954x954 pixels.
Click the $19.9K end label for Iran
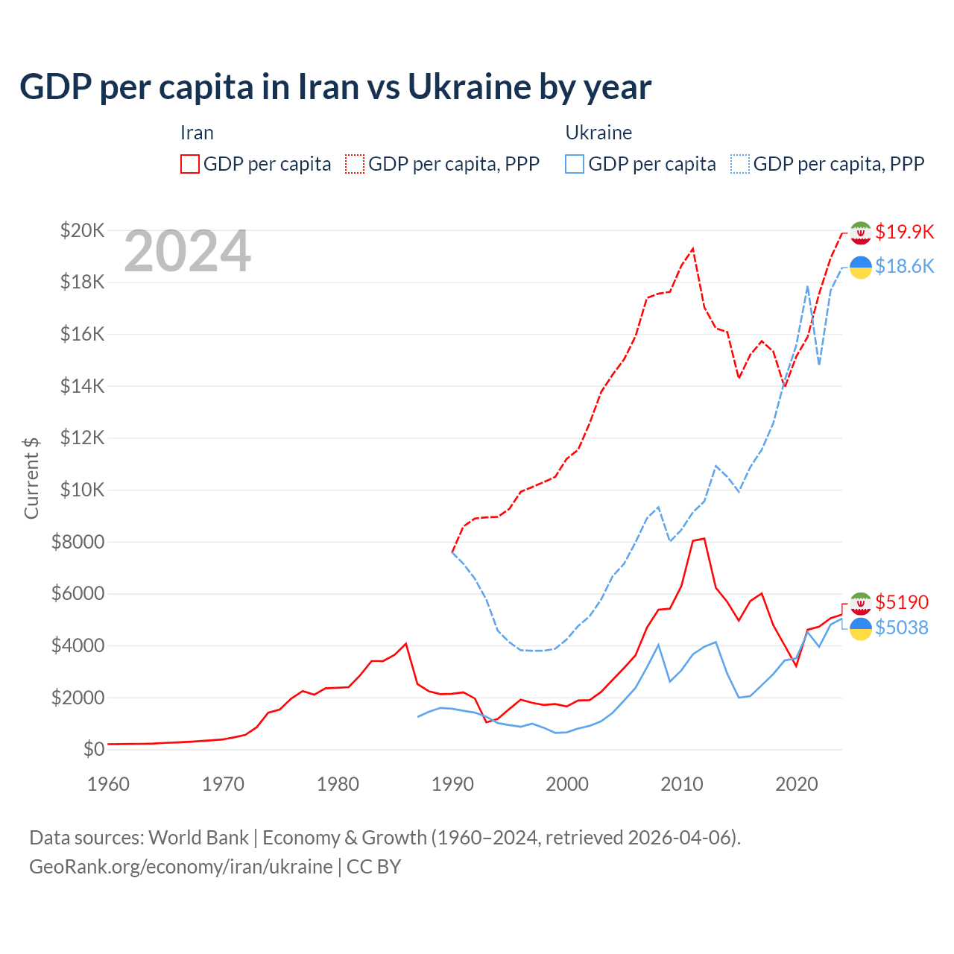coord(904,232)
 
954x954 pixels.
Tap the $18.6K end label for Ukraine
coord(904,266)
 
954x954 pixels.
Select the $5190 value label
coord(902,602)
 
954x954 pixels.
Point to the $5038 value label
coord(902,628)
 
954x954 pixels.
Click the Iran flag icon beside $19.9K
coord(861,233)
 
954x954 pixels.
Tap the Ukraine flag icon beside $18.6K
coord(861,267)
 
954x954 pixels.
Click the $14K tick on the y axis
coord(83,386)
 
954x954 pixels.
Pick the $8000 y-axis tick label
coord(78,542)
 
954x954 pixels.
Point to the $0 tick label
coord(94,749)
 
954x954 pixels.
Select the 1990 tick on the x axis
coord(452,784)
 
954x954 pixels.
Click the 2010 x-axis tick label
coord(682,784)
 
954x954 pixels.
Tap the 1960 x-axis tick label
coord(109,784)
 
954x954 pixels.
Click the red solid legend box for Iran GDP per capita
coord(190,164)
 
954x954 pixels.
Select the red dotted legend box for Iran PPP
coord(355,164)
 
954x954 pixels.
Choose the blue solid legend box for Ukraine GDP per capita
coord(575,164)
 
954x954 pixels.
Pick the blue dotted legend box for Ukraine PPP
coord(740,164)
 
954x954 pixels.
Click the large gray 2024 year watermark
coord(188,252)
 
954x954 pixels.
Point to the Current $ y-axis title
coord(31,478)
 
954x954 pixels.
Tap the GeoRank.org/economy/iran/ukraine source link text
coord(181,867)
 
